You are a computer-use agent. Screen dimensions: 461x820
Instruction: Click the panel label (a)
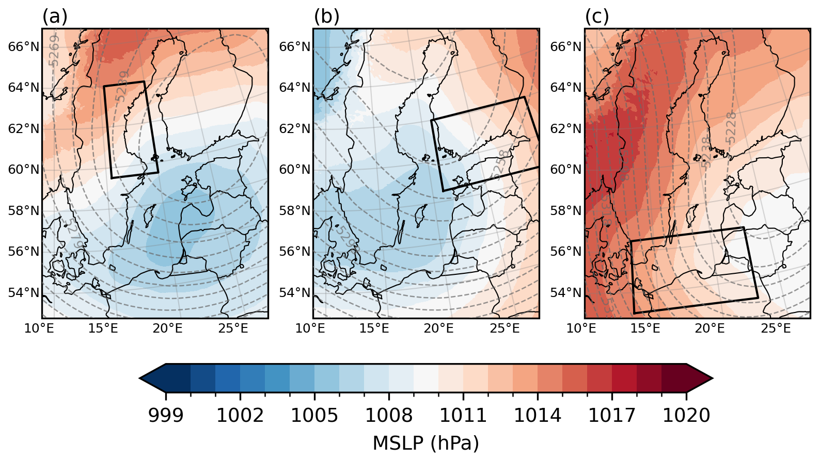point(55,17)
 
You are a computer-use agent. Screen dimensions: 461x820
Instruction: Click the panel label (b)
point(326,17)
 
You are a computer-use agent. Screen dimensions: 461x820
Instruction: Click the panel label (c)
point(597,17)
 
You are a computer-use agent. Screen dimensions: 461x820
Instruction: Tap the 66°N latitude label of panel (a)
point(24,47)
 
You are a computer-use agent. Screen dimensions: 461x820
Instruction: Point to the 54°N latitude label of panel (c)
point(566,293)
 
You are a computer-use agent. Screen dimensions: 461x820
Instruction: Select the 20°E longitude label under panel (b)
point(439,328)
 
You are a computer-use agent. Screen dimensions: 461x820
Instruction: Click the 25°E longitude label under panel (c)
point(776,328)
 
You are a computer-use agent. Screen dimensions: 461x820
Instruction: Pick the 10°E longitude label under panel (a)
point(39,328)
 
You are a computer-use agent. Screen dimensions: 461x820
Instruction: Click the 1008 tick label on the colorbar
point(389,415)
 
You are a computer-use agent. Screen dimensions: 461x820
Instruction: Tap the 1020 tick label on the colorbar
point(686,415)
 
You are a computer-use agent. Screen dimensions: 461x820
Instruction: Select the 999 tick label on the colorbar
point(166,415)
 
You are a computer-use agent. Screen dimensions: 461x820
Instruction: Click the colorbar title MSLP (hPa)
point(425,443)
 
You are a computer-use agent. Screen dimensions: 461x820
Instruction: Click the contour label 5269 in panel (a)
point(54,51)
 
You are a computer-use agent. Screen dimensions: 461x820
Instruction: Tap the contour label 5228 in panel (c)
point(730,127)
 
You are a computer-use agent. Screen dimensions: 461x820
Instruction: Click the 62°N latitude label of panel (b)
point(295,129)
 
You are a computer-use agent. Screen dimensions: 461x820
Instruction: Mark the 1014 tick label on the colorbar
point(538,415)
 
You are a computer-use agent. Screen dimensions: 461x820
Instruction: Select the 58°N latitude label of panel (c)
point(566,211)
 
